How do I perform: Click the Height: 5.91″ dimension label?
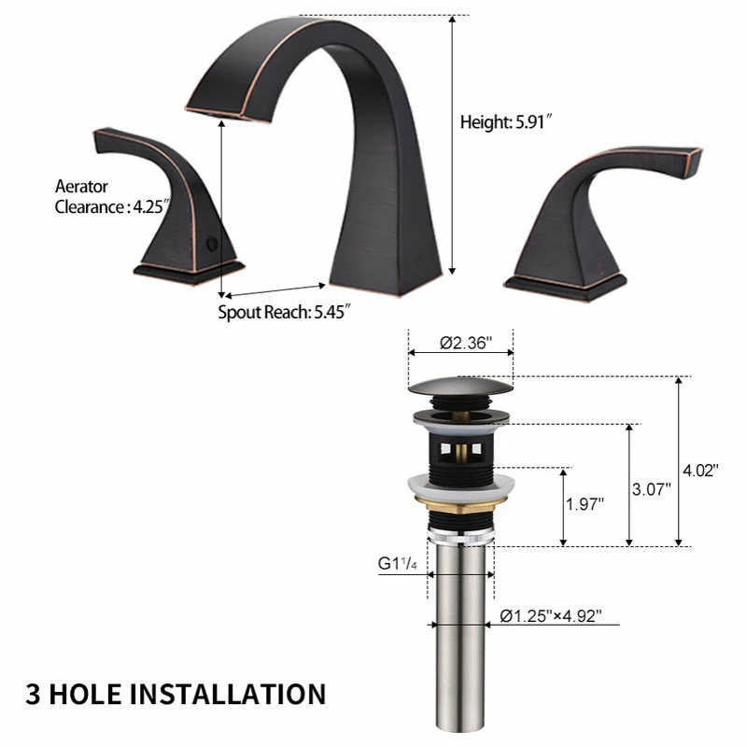[505, 122]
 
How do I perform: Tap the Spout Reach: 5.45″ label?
[285, 312]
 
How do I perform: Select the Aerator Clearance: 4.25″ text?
[112, 197]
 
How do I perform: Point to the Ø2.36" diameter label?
[465, 343]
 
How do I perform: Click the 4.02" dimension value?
[700, 471]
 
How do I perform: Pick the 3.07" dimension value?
[651, 489]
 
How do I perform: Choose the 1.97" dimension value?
[585, 504]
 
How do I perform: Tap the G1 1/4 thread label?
[398, 564]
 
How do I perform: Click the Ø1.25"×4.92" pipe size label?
[551, 616]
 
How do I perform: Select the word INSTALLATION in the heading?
[228, 694]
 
